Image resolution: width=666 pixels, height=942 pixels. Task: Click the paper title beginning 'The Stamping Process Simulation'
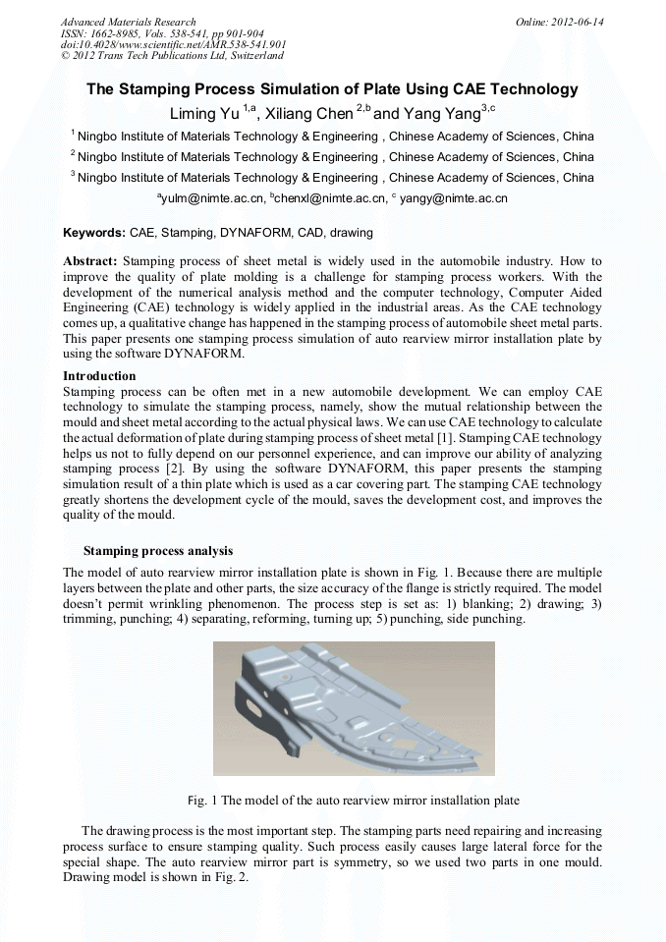(332, 89)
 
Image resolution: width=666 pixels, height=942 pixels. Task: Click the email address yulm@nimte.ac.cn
(213, 198)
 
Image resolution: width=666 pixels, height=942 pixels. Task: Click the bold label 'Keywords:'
(94, 234)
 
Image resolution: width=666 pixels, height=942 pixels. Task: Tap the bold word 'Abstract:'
(90, 261)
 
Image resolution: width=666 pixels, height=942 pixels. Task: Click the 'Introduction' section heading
(99, 376)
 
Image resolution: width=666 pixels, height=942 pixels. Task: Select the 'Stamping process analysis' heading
(158, 550)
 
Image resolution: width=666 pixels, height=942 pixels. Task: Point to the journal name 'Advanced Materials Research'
(128, 22)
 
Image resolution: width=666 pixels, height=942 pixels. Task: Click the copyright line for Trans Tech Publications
(172, 56)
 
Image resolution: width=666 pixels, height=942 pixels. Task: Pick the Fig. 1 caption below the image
(353, 800)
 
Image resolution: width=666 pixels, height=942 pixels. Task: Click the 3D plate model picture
(354, 707)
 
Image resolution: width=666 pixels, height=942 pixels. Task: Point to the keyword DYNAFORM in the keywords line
(244, 234)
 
